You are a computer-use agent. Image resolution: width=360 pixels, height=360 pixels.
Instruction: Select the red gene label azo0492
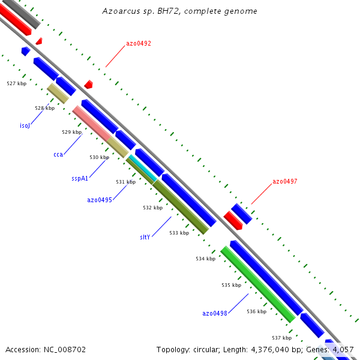[x=138, y=44]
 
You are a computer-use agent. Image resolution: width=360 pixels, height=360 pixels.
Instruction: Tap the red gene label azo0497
[x=284, y=181]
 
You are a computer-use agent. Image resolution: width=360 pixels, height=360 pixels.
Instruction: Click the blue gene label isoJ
[x=25, y=126]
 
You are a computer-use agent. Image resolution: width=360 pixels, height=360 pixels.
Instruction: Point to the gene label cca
[x=58, y=155]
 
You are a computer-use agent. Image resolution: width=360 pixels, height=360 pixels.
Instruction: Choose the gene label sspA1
[x=80, y=178]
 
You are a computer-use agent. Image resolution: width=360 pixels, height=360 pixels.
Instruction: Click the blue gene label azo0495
[x=100, y=200]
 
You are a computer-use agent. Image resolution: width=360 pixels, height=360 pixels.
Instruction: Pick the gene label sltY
[x=145, y=237]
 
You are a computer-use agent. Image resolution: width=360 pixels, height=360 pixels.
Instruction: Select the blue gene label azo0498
[x=215, y=313]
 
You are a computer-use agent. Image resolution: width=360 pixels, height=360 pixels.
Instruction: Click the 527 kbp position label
[x=16, y=83]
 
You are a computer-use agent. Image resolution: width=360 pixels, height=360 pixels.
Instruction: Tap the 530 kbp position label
[x=99, y=157]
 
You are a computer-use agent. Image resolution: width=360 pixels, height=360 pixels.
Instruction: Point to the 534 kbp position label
[x=205, y=259]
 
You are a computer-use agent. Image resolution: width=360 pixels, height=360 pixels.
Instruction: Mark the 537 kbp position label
[x=281, y=338]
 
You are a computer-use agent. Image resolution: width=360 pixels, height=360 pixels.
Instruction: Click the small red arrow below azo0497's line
[x=233, y=221]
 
